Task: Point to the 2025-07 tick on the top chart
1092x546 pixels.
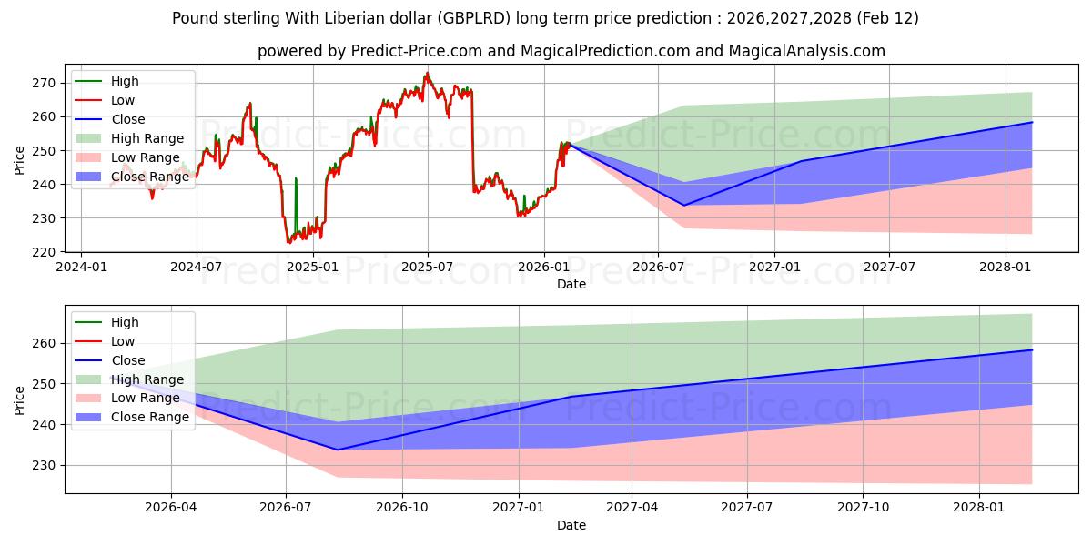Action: click(x=428, y=267)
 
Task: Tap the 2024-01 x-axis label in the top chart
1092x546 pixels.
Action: click(x=81, y=267)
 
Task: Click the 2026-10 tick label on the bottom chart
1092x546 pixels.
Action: click(x=402, y=508)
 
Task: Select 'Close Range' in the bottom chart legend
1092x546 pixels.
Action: click(x=150, y=417)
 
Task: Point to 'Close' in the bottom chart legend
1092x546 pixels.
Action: click(x=127, y=360)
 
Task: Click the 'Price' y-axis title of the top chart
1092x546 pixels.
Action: click(x=20, y=160)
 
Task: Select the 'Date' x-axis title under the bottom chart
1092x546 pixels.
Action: click(x=571, y=525)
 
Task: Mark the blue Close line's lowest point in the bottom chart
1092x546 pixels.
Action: click(x=338, y=450)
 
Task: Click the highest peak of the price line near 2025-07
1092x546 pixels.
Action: click(x=428, y=73)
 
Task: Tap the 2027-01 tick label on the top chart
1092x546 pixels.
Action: click(x=773, y=267)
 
